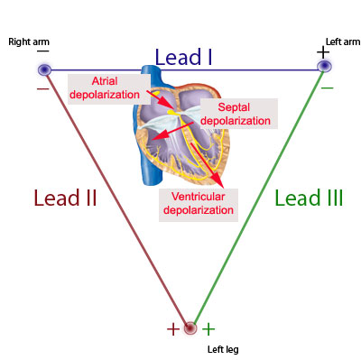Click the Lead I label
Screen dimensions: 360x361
183,58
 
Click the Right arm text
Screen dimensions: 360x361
27,42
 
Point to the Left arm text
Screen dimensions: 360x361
342,42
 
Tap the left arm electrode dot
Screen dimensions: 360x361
324,67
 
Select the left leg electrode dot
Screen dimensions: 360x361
190,328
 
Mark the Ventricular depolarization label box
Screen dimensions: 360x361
197,202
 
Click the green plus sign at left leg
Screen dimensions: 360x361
208,329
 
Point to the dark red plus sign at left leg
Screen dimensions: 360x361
172,329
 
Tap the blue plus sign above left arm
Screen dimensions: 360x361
323,51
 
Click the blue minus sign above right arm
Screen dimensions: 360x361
42,51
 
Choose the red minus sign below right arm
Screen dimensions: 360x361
42,88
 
